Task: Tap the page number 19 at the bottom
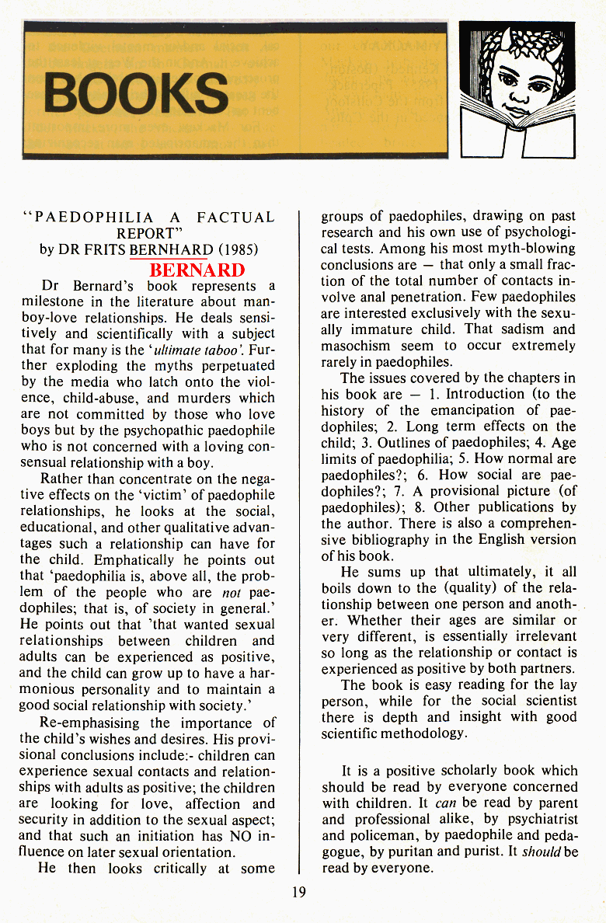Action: coord(298,892)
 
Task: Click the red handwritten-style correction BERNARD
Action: coord(197,270)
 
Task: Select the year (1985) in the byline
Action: coord(237,250)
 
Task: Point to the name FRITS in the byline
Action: coord(105,250)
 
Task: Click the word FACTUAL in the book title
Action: coord(235,217)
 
